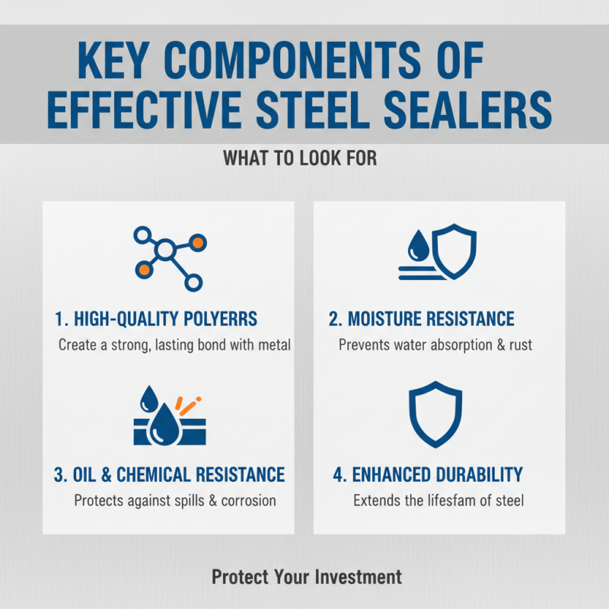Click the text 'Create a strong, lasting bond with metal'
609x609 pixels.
click(174, 345)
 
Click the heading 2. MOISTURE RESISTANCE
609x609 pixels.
click(422, 319)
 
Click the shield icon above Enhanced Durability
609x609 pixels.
click(435, 415)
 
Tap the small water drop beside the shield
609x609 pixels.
click(417, 244)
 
